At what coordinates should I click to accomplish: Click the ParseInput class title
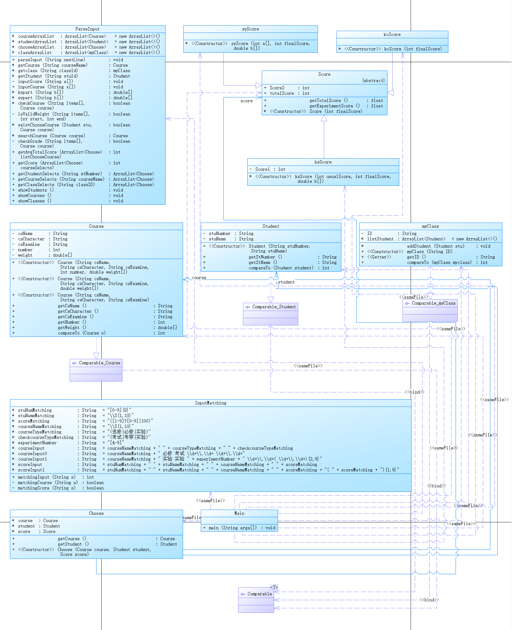point(87,29)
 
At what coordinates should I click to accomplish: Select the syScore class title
point(250,29)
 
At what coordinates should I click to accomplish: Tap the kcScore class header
point(392,34)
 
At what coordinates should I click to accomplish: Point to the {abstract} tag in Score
point(373,81)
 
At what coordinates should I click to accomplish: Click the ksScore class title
point(323,162)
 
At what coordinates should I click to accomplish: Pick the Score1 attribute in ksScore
point(263,169)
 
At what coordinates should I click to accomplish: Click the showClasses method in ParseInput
point(31,201)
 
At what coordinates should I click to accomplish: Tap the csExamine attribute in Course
point(29,244)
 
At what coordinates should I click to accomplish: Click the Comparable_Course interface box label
point(99,363)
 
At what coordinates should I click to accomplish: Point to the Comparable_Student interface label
point(274,307)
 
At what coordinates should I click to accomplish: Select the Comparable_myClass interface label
point(433,303)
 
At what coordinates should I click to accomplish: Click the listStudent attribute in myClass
point(380,239)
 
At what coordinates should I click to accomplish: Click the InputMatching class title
point(210,403)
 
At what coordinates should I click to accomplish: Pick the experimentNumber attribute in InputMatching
point(37,443)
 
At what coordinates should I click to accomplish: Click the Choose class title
point(96,513)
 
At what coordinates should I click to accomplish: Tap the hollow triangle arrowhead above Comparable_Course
point(96,356)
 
